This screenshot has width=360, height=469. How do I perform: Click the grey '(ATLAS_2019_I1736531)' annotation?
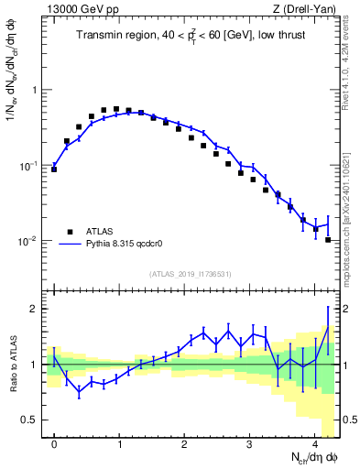pos(191,275)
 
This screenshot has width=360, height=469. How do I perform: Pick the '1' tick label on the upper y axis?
pos(36,91)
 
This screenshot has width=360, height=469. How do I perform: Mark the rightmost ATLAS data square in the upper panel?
pos(328,240)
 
